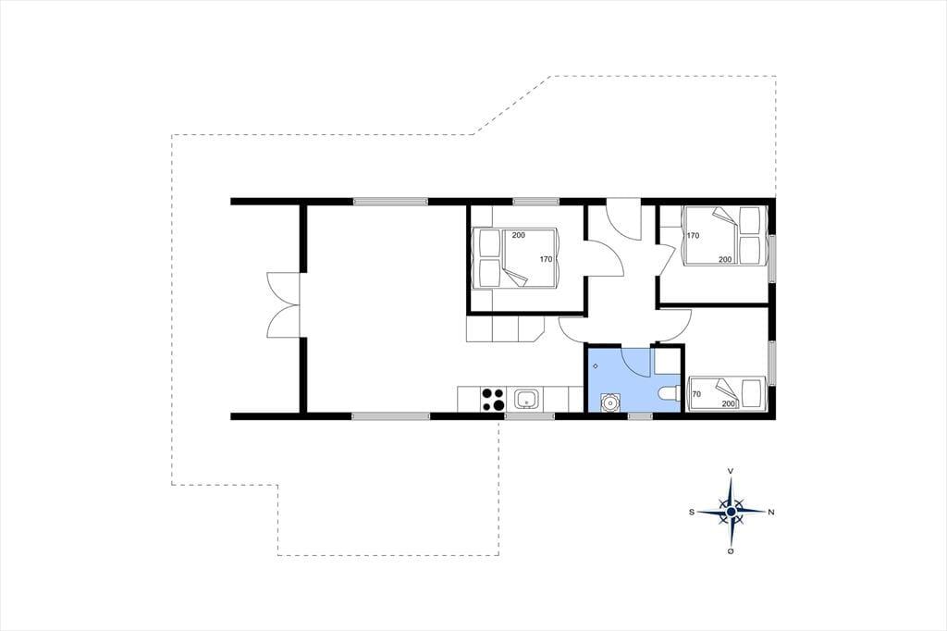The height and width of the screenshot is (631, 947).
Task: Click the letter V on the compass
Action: tap(731, 470)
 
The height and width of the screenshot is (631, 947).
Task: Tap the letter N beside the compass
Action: tap(771, 512)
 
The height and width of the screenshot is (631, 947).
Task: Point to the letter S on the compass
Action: tap(692, 512)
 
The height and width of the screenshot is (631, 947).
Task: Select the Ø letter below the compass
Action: tap(731, 551)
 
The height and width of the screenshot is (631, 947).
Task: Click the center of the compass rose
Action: tap(731, 512)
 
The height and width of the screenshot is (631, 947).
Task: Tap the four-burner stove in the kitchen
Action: tap(493, 400)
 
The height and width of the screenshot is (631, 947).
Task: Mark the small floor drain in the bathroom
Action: tap(596, 366)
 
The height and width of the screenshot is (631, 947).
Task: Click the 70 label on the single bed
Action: tap(696, 394)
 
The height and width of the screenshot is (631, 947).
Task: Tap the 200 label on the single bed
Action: tap(729, 403)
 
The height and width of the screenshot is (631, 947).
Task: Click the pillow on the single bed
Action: tap(752, 393)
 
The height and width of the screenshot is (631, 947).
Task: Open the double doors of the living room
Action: tap(283, 305)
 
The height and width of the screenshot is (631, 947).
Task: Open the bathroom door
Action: tap(636, 362)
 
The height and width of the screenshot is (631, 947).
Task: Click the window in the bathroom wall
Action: tap(640, 415)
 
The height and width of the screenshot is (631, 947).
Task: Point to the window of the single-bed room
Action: tap(772, 363)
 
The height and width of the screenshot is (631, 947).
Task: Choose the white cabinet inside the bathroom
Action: tap(667, 360)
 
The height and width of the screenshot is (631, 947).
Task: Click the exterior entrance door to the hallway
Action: tap(624, 218)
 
